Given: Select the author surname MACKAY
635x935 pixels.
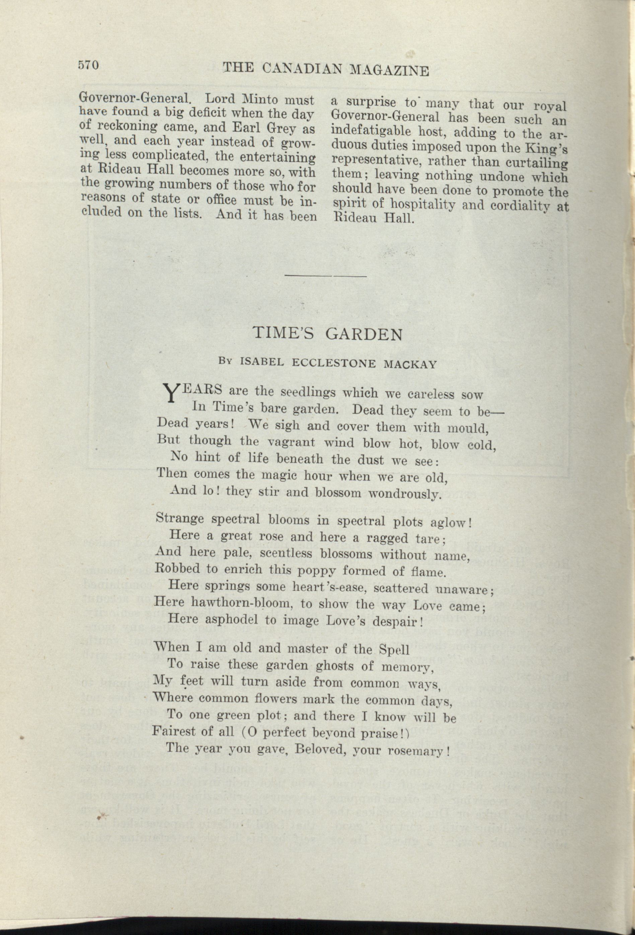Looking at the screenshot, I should (x=410, y=364).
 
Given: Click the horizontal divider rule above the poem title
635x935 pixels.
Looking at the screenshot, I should (x=326, y=276).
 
